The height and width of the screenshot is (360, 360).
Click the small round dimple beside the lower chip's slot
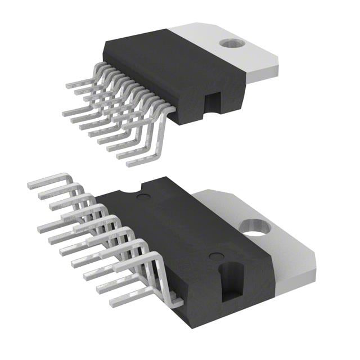(214, 256)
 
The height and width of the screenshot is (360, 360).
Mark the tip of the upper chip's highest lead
(68, 86)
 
